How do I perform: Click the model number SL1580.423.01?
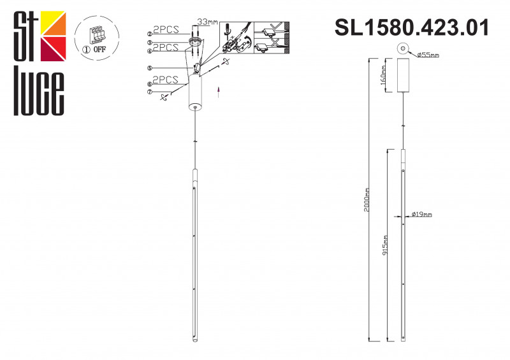(x=412, y=28)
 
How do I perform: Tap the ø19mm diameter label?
(x=422, y=215)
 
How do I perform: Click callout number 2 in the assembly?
(x=149, y=34)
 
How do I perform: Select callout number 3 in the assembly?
(x=149, y=42)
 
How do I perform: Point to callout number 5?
(x=149, y=68)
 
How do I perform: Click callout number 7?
(x=149, y=92)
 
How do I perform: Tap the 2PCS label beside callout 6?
(x=166, y=80)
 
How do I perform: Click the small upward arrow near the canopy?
(x=219, y=91)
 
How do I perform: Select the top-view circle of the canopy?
(x=403, y=48)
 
